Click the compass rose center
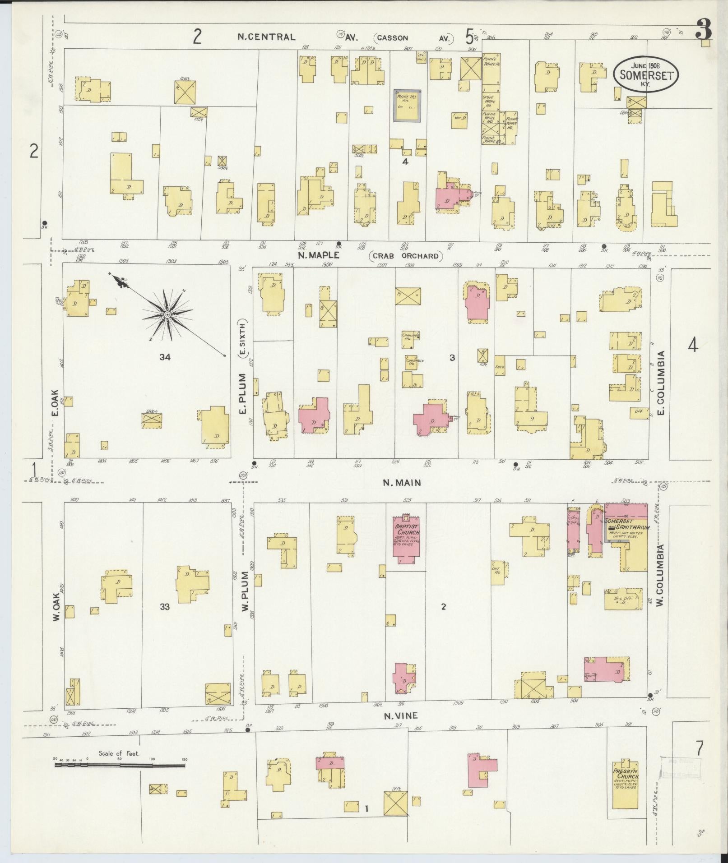coord(167,314)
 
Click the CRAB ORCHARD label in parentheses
coord(406,256)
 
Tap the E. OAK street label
coord(56,402)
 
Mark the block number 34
coord(165,357)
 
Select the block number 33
coord(165,607)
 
